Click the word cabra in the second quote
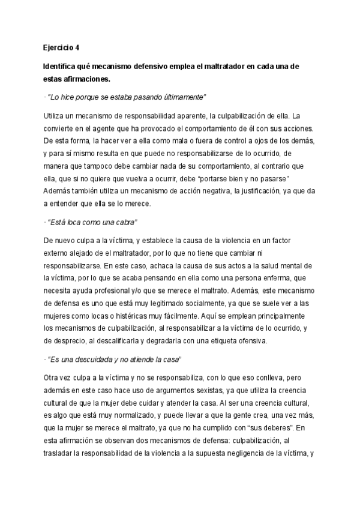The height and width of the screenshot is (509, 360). click(125, 222)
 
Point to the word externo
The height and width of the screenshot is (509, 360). click(57, 254)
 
